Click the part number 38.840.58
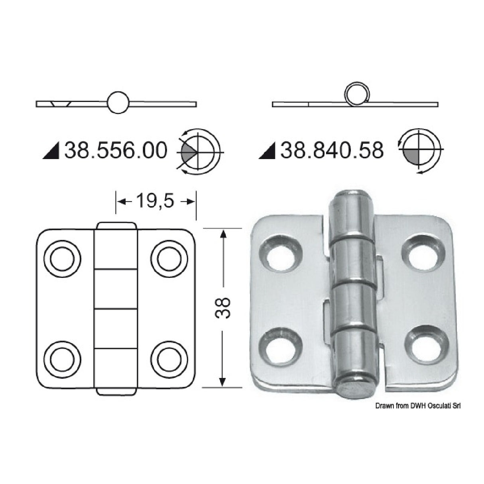332,151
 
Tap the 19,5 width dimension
155,201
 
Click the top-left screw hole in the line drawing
62,259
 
